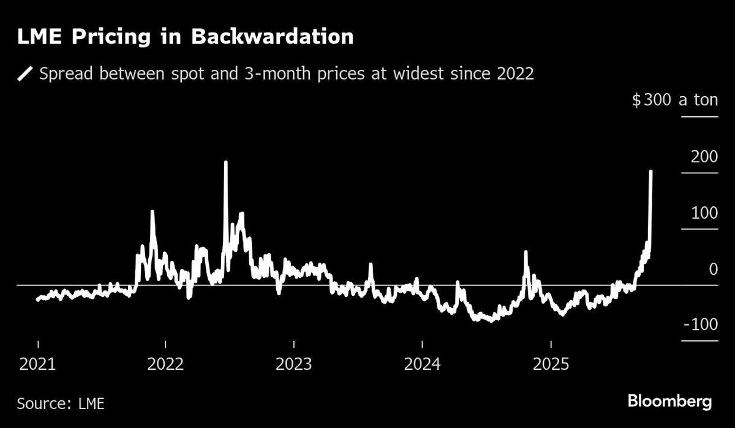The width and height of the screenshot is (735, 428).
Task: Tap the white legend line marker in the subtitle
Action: coord(25,75)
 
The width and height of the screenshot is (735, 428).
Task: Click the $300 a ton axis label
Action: coord(674,100)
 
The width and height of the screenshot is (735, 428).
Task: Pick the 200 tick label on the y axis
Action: coord(704,157)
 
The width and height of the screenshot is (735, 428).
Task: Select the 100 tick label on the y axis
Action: coord(704,213)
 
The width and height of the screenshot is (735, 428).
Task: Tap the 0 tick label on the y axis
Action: coord(712,269)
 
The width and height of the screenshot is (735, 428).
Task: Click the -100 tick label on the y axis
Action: coord(700,325)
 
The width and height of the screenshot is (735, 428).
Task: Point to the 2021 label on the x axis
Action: coord(38,366)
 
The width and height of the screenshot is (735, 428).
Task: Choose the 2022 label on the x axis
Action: coord(165,366)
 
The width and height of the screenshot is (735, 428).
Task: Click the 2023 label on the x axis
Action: coord(294,366)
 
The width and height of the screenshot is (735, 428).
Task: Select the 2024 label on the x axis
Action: coord(421,366)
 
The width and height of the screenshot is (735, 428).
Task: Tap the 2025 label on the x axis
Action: coord(550,366)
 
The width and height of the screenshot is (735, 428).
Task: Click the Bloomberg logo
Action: coord(669,402)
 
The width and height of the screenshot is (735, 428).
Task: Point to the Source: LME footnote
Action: coord(60,404)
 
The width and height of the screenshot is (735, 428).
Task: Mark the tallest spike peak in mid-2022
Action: coord(226,163)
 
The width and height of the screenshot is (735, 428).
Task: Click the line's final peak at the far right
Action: coord(650,172)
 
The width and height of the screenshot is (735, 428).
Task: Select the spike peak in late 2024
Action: coord(526,252)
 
